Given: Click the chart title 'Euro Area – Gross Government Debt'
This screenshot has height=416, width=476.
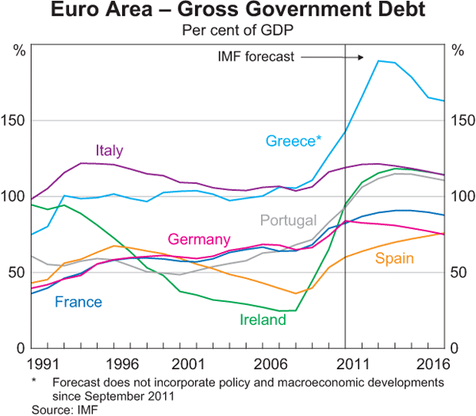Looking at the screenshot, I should tap(238, 12).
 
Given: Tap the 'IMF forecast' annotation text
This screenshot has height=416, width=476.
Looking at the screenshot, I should tap(255, 57).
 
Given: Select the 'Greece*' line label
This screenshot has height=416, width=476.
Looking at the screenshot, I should tap(294, 141).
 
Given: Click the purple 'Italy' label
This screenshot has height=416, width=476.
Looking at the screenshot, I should tap(109, 151).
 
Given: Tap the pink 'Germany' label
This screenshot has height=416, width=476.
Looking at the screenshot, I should tap(198, 240).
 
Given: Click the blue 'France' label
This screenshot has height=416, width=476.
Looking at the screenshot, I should tap(78, 301).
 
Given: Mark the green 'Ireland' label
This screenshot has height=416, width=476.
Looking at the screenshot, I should tap(262, 320).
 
